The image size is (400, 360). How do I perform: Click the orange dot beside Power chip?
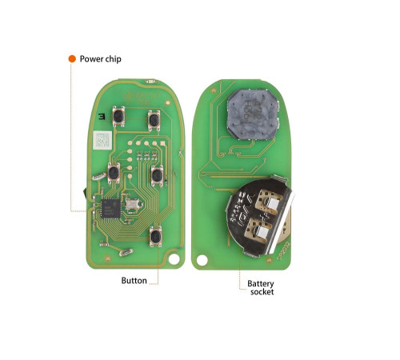tap(72, 59)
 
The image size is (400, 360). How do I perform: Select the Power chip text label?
tap(101, 59)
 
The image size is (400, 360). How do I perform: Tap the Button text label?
tap(134, 281)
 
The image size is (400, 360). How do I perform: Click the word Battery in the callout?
tap(261, 284)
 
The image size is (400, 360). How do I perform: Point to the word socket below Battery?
tap(262, 292)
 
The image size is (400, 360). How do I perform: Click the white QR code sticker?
tap(102, 140)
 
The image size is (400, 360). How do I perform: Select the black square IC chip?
tap(111, 209)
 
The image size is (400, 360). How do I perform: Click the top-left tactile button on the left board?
tap(118, 116)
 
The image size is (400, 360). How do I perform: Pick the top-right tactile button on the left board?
tap(154, 120)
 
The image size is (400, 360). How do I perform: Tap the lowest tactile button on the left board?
tap(155, 236)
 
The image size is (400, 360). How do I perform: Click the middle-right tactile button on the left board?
tap(157, 175)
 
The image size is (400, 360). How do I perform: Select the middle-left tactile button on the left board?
tap(114, 173)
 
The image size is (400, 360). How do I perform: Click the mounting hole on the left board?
tap(174, 259)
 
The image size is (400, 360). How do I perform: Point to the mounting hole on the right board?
tap(202, 260)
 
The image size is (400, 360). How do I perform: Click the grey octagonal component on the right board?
tap(253, 114)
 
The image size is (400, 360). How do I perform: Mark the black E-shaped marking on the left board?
tap(102, 116)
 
